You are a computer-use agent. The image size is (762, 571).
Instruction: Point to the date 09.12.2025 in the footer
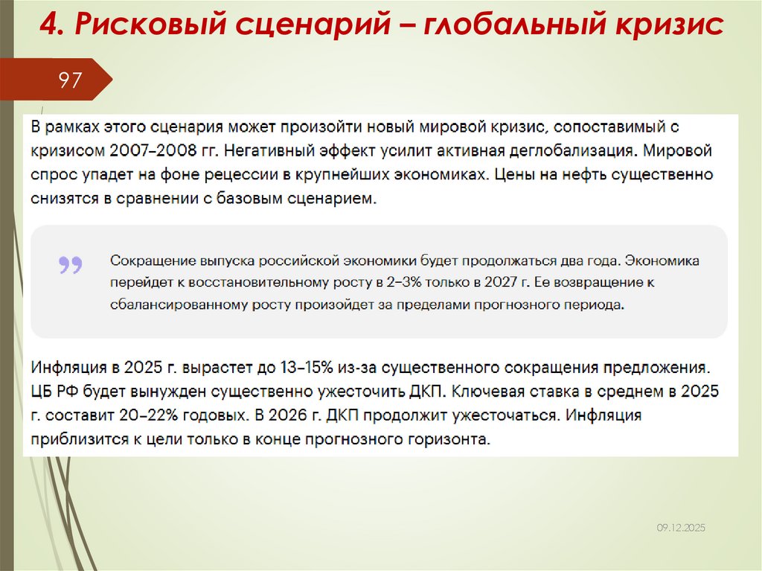(680, 527)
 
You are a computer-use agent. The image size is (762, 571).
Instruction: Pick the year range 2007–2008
(147, 150)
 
